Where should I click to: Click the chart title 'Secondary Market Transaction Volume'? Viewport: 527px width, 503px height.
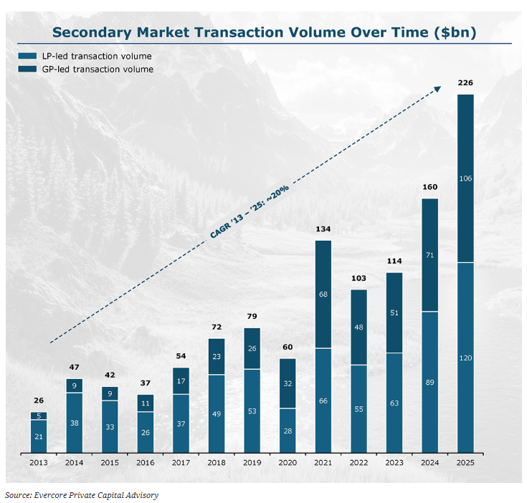point(264,32)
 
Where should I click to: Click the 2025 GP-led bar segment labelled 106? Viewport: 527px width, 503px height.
point(465,178)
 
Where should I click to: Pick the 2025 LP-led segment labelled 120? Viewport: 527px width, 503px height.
point(465,357)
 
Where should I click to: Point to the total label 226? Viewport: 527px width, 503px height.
point(465,83)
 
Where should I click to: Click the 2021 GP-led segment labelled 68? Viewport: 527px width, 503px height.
point(323,294)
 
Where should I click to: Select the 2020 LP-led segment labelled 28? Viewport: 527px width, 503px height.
point(288,430)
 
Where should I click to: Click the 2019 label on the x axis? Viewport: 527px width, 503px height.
point(252,463)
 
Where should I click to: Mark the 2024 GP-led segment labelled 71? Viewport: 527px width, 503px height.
point(429,254)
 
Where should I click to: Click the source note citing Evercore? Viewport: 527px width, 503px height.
point(82,494)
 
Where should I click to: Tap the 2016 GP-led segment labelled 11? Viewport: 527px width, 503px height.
point(145,403)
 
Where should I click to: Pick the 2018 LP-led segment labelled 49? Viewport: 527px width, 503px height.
point(216,413)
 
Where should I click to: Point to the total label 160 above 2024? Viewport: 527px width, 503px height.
point(429,188)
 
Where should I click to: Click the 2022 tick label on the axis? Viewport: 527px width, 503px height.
point(359,463)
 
